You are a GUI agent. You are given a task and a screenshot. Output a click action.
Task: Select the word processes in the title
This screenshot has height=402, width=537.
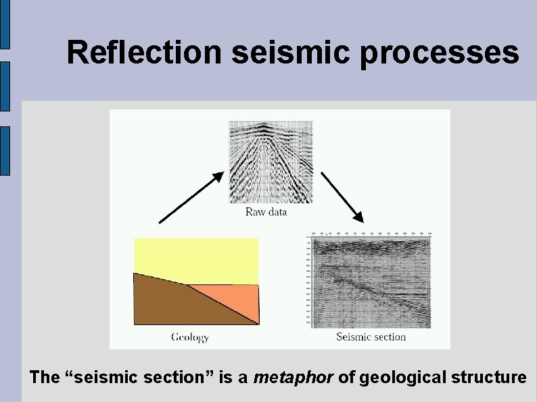(x=440, y=53)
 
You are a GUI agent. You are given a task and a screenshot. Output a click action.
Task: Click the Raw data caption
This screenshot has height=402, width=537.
(x=266, y=212)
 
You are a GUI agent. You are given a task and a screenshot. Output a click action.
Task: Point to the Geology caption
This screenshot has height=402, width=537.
(x=190, y=336)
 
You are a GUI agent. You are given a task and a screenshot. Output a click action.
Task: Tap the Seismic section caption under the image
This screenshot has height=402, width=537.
(x=371, y=336)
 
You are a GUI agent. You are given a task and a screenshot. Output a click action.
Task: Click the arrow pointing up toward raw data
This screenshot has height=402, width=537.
(x=191, y=197)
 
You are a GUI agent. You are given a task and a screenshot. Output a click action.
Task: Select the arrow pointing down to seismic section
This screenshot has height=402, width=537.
(x=342, y=197)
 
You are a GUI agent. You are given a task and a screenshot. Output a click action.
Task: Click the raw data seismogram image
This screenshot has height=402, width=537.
(x=271, y=162)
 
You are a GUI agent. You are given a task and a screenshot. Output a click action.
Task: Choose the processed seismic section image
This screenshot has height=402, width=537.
(x=371, y=280)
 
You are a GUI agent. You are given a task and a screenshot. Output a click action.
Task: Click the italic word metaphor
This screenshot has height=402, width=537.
(x=293, y=377)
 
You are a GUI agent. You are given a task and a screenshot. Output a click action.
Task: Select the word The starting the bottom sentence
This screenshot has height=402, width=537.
(x=45, y=377)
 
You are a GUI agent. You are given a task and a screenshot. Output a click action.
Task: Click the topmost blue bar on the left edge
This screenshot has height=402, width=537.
(x=5, y=24)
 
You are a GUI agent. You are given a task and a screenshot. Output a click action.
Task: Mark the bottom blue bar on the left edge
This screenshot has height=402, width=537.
(x=5, y=151)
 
